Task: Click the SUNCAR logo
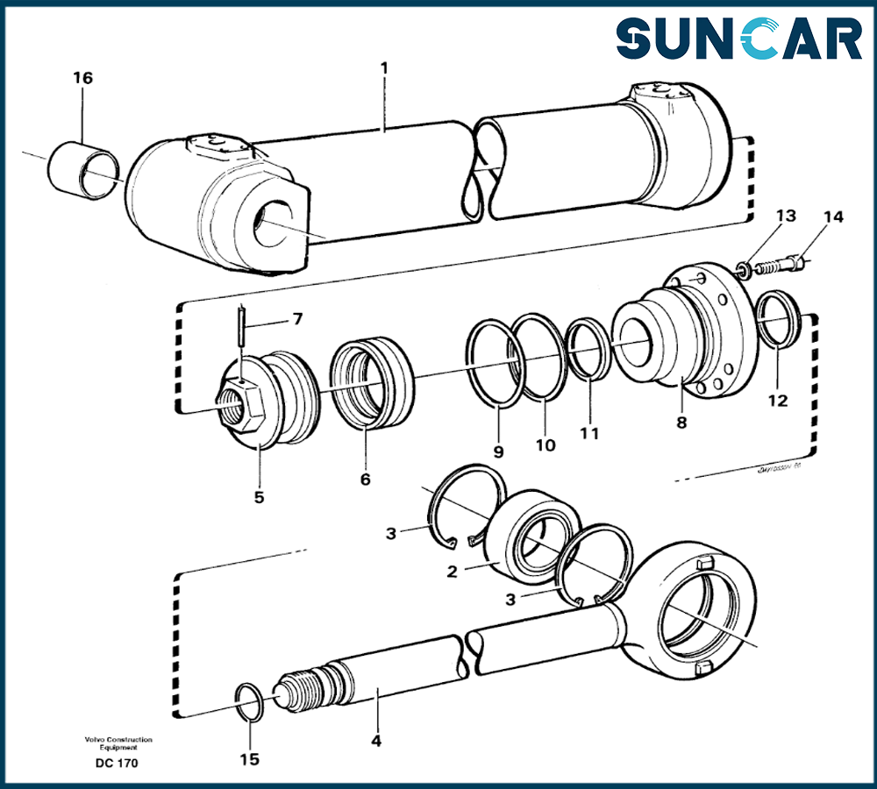pyautogui.click(x=738, y=40)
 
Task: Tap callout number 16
pyautogui.click(x=82, y=79)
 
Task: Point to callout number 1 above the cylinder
pyautogui.click(x=384, y=67)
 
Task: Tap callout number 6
pyautogui.click(x=365, y=480)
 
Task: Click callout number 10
pyautogui.click(x=545, y=445)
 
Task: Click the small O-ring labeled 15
pyautogui.click(x=250, y=700)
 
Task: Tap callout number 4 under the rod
pyautogui.click(x=375, y=741)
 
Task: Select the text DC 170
pyautogui.click(x=117, y=763)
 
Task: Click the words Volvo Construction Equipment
pyautogui.click(x=118, y=743)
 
